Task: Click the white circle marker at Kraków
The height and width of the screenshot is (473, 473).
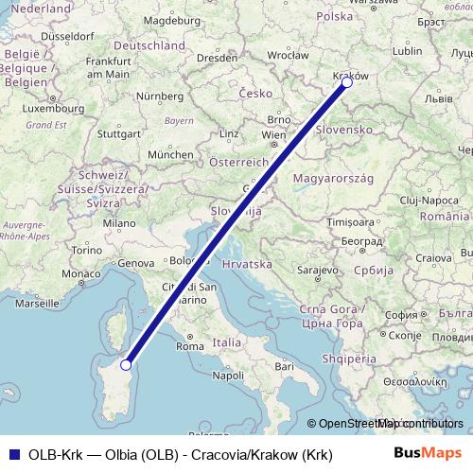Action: [x=347, y=83]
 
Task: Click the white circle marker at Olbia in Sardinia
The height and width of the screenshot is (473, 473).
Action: [x=126, y=364]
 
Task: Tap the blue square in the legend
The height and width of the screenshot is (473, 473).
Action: [x=13, y=454]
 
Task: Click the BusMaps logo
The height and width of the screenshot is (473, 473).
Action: [x=428, y=454]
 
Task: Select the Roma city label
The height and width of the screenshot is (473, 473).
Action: [x=190, y=346]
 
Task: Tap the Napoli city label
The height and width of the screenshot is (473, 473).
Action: [x=228, y=376]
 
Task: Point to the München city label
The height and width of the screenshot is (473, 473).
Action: [x=170, y=154]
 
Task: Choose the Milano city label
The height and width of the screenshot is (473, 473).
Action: [x=120, y=224]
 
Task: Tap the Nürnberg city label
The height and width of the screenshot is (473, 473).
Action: [x=159, y=96]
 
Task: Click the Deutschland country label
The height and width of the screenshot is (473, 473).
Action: [x=149, y=45]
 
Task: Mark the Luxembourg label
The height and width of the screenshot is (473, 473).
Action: [x=33, y=108]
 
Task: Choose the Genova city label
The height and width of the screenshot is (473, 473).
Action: [x=135, y=263]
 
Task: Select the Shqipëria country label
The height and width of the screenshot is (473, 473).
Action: [x=348, y=359]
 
